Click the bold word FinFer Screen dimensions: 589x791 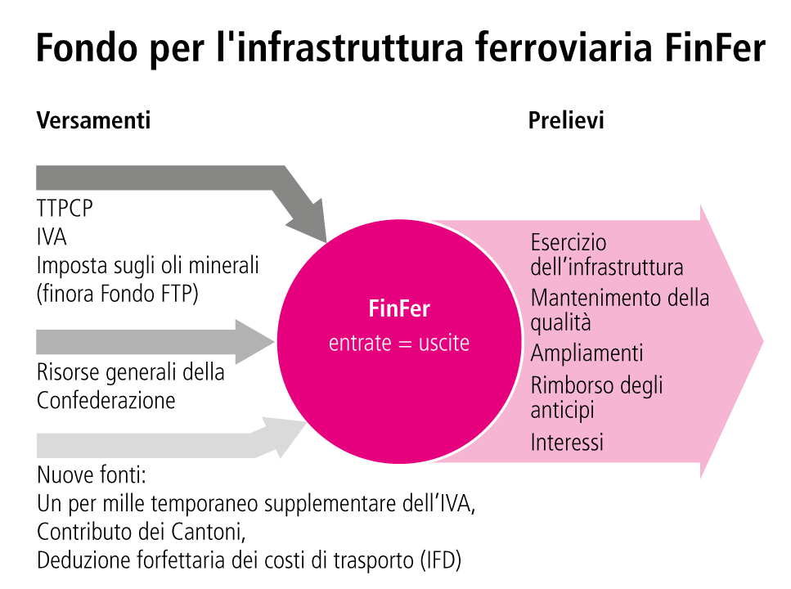(399, 310)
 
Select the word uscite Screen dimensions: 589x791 (444, 344)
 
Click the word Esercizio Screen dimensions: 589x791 (569, 244)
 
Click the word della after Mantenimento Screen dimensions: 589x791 (689, 298)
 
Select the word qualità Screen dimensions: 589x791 (560, 322)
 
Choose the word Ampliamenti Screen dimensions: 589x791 (587, 353)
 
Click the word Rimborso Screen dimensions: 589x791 (566, 384)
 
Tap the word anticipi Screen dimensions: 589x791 (561, 408)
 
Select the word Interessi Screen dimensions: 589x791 (567, 443)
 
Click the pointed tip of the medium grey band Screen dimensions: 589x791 (273, 335)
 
